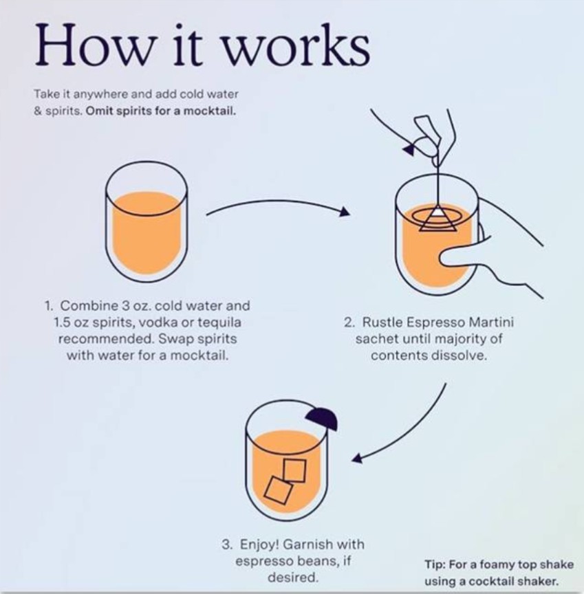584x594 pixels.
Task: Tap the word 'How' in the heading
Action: coord(94,45)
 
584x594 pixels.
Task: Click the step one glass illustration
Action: coord(147,221)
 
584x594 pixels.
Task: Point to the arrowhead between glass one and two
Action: coord(344,212)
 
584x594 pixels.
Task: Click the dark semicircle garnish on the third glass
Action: coord(322,419)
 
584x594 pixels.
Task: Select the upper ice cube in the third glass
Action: coord(294,470)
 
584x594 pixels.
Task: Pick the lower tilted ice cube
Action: coord(279,490)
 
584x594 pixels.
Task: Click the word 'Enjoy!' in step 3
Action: coord(259,544)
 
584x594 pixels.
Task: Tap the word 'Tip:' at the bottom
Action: coord(435,564)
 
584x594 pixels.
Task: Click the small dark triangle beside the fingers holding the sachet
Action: coord(410,149)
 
